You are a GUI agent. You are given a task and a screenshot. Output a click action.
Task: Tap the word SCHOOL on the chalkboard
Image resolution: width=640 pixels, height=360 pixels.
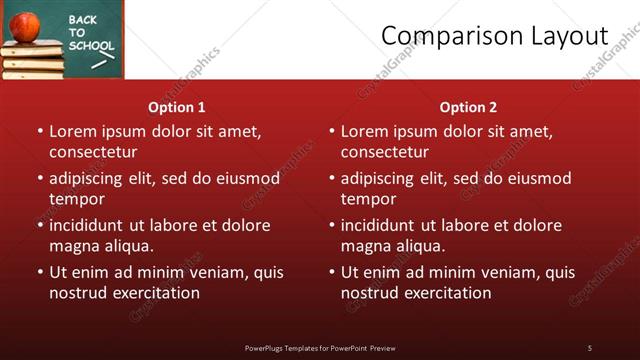tap(92, 46)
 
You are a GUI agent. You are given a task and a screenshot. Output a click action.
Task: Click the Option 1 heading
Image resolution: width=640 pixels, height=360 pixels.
tap(177, 107)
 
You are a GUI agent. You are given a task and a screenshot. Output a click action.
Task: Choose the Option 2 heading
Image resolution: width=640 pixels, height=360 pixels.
tap(468, 107)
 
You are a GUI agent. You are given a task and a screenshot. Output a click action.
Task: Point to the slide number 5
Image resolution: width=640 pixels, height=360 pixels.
tap(589, 347)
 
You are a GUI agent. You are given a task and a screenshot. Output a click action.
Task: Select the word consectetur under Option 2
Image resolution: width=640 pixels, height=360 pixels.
tap(384, 152)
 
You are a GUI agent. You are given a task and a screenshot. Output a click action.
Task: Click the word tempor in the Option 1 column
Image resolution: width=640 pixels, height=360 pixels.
tap(75, 199)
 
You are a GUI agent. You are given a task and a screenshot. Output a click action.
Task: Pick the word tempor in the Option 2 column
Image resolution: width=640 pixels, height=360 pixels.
tap(367, 199)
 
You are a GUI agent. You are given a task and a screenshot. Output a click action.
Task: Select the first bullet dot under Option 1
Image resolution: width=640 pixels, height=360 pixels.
tap(40, 131)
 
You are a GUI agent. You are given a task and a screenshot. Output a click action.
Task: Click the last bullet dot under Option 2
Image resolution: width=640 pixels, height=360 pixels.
tap(332, 272)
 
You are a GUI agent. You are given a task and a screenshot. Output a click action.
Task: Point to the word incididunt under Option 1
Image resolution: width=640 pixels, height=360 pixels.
tap(90, 225)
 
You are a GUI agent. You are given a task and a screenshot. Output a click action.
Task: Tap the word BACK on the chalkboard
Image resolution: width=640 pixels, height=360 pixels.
tap(84, 20)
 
